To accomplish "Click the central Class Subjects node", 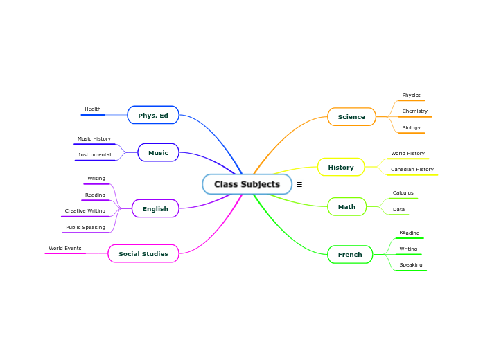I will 247,184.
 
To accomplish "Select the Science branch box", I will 351,117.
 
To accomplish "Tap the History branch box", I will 341,168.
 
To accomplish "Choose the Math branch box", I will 346,207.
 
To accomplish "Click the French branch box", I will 350,255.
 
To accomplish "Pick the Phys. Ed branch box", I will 153,115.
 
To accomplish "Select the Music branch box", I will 158,153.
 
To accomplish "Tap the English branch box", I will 155,209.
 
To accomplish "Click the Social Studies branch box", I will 143,254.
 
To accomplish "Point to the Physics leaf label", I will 411,96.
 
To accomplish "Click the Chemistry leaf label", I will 414,111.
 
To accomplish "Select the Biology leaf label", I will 411,128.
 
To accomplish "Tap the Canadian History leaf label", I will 412,170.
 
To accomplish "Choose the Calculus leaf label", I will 403,193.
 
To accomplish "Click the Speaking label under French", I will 410,265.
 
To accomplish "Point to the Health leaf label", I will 93,109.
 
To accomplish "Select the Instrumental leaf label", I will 94,155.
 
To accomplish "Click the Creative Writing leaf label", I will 85,211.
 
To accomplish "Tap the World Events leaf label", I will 64,249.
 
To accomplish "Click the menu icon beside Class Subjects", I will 299,185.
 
